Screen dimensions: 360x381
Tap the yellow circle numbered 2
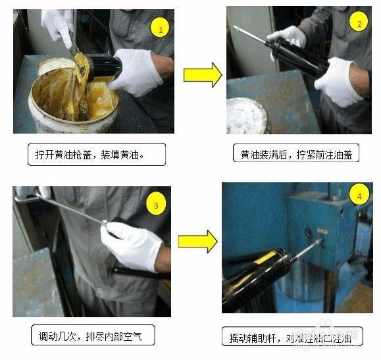pyautogui.click(x=358, y=24)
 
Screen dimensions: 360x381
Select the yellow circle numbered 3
pyautogui.click(x=156, y=205)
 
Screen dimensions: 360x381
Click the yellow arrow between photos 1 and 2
pyautogui.click(x=202, y=75)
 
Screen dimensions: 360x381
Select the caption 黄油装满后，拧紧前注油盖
pyautogui.click(x=296, y=154)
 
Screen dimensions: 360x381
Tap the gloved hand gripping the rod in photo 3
pyautogui.click(x=135, y=244)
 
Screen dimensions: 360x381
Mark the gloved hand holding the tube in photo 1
pyautogui.click(x=138, y=70)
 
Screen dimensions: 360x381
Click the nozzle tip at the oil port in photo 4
pyautogui.click(x=320, y=242)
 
